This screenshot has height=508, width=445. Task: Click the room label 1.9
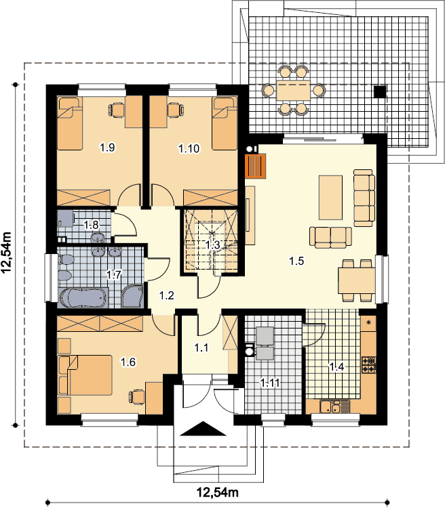(x=107, y=148)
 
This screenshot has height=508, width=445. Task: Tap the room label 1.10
(x=189, y=149)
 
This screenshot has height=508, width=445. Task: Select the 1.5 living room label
(x=296, y=261)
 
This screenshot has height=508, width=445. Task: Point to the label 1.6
(x=128, y=362)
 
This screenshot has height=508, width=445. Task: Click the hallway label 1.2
(x=166, y=295)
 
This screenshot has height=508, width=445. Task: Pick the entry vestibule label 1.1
(x=201, y=348)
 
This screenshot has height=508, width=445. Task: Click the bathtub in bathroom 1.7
(x=83, y=298)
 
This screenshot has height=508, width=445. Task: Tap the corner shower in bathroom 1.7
(x=132, y=297)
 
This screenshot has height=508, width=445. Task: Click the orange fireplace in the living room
(x=256, y=166)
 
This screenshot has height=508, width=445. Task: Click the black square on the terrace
(x=380, y=91)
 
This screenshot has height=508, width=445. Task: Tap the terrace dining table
(x=294, y=90)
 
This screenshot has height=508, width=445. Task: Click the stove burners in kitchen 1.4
(x=369, y=364)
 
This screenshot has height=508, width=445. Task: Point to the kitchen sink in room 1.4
(x=330, y=407)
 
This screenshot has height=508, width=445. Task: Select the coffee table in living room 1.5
(x=330, y=198)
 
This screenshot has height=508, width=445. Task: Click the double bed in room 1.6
(x=85, y=375)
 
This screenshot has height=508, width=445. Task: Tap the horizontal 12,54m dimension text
(x=218, y=492)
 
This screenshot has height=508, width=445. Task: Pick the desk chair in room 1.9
(x=116, y=110)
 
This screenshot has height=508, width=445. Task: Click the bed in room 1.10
(x=225, y=123)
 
